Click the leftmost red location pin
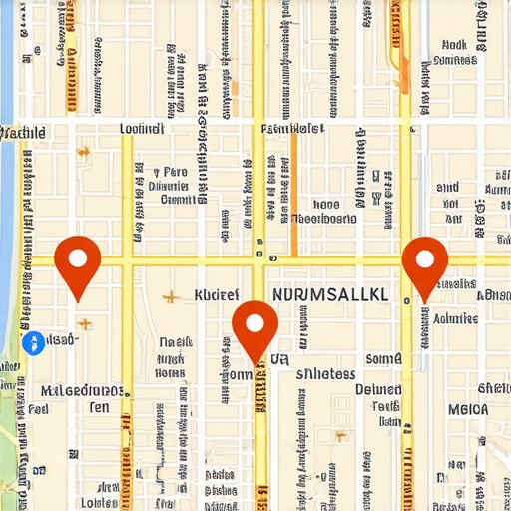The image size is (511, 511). click(x=77, y=260)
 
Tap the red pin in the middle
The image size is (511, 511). click(x=255, y=326)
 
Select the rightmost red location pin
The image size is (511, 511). click(x=424, y=261)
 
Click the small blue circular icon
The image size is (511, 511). click(x=32, y=343)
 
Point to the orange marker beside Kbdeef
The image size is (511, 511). click(x=172, y=296)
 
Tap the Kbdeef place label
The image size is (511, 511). click(x=217, y=295)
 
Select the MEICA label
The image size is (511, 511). click(x=468, y=409)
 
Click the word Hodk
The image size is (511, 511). click(x=454, y=45)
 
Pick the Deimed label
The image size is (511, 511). click(x=378, y=390)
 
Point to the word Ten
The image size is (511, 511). click(x=100, y=407)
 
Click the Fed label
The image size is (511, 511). click(x=38, y=408)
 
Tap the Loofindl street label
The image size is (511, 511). click(x=141, y=129)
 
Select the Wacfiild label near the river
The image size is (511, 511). click(x=23, y=132)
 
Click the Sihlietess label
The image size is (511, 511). click(x=326, y=374)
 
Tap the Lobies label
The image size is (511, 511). click(x=101, y=502)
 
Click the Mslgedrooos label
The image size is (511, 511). click(x=82, y=390)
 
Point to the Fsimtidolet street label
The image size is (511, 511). click(x=292, y=129)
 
